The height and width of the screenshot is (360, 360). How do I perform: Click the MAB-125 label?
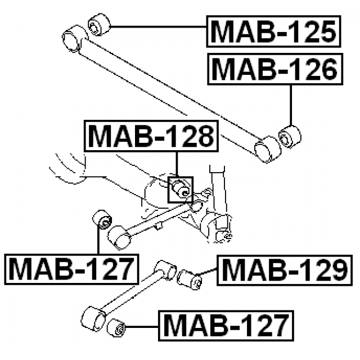[274, 32]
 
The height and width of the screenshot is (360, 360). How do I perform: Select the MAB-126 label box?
[274, 68]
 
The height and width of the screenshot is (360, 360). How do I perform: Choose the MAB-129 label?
[283, 271]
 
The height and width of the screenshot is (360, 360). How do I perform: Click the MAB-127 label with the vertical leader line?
[71, 268]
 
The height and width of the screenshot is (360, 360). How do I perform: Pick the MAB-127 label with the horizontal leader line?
[226, 325]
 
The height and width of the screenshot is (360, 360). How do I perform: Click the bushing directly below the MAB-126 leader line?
[290, 136]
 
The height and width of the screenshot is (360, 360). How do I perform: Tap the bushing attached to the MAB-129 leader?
[190, 278]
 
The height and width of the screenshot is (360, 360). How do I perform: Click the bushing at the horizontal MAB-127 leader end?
[117, 327]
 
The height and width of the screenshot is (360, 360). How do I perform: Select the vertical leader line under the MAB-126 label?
[291, 104]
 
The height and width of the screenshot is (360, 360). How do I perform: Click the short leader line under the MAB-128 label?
[177, 163]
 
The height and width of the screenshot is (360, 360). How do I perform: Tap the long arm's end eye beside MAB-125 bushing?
[74, 39]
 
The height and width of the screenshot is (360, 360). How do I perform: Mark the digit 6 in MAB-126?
[326, 68]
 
